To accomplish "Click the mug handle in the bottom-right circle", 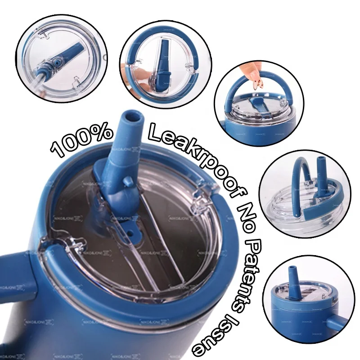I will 337,323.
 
